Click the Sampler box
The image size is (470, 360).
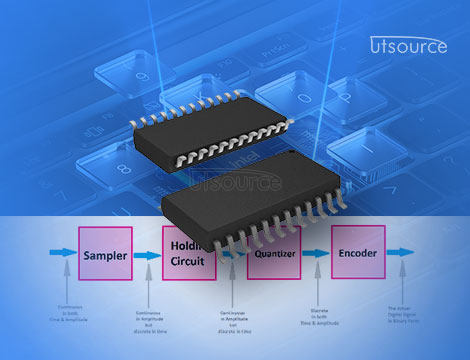tap(105, 256)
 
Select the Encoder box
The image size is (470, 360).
tap(358, 254)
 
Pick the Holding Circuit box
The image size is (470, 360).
tap(188, 254)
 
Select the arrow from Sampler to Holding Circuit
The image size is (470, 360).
tap(147, 256)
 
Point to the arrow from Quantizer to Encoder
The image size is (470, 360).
tap(319, 255)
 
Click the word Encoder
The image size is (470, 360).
tap(358, 254)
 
